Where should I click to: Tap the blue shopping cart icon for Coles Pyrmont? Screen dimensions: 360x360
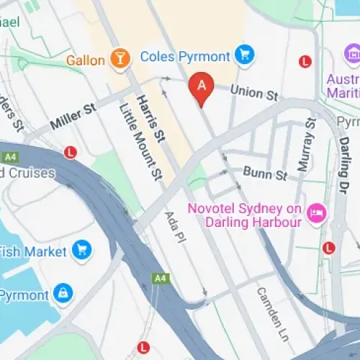coord(246,55)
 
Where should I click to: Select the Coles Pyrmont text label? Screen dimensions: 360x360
coord(186,55)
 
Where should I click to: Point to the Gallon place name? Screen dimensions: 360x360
coord(86,60)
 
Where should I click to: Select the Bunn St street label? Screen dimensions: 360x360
coord(265,174)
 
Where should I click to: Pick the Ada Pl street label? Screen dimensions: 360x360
coord(175,225)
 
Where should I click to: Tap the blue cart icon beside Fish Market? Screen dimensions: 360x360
coord(83,251)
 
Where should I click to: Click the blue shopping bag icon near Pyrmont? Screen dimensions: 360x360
coord(63,294)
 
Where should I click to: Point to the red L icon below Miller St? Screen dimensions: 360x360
coord(70,153)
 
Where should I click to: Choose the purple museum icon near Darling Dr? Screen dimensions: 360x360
coord(352,55)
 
